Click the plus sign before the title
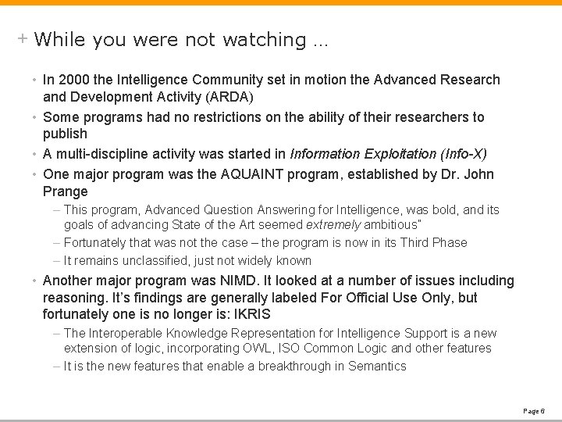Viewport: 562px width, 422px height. point(23,38)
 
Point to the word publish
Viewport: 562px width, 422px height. point(65,135)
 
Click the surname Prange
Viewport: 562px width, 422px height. point(66,191)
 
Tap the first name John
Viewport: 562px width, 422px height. point(477,173)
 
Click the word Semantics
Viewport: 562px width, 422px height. point(377,367)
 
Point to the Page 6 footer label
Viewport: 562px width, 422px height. point(532,409)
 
